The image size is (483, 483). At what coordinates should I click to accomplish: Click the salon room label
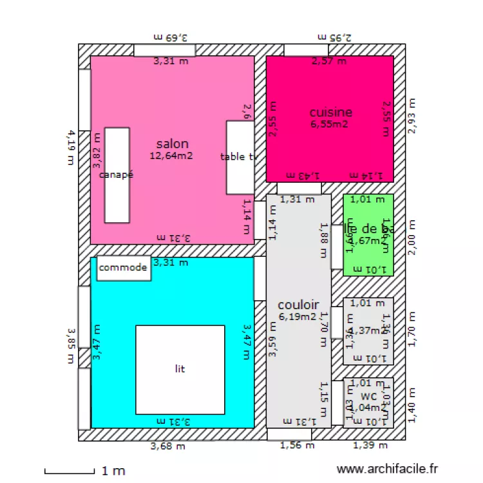(x=172, y=144)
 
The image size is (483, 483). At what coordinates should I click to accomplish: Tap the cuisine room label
(x=330, y=113)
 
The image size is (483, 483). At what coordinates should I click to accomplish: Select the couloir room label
(x=298, y=304)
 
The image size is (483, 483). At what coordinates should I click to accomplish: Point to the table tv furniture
(x=240, y=157)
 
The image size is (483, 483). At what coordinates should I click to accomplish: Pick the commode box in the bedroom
(x=124, y=268)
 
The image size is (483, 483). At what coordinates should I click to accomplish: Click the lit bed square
(x=180, y=370)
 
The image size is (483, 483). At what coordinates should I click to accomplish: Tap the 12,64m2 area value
(x=171, y=155)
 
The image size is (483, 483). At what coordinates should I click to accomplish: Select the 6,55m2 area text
(x=329, y=124)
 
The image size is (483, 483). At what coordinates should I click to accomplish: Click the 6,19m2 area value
(x=298, y=316)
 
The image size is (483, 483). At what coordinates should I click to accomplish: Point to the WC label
(x=368, y=396)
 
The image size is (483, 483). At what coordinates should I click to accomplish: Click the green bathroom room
(x=368, y=235)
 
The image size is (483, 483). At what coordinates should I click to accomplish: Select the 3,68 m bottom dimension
(x=168, y=446)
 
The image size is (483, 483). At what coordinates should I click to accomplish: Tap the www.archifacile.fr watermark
(x=388, y=470)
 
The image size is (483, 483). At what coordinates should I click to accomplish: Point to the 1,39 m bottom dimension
(x=370, y=445)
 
